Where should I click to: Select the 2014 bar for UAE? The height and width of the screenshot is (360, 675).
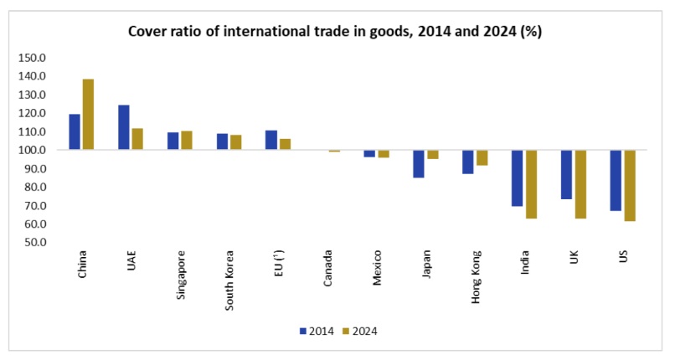124,127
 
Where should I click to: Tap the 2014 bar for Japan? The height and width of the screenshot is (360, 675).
419,164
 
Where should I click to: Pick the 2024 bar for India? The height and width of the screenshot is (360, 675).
531,184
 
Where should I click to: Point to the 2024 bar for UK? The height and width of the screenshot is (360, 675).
580,184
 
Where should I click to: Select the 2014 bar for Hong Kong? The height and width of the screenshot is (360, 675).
468,162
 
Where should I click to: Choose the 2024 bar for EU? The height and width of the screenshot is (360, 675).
285,144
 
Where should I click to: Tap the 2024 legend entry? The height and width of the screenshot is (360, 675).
363,331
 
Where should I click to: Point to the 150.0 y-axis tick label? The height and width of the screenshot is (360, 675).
33,59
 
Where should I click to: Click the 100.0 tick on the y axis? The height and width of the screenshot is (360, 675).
33,151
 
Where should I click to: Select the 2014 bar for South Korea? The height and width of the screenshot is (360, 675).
222,141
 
